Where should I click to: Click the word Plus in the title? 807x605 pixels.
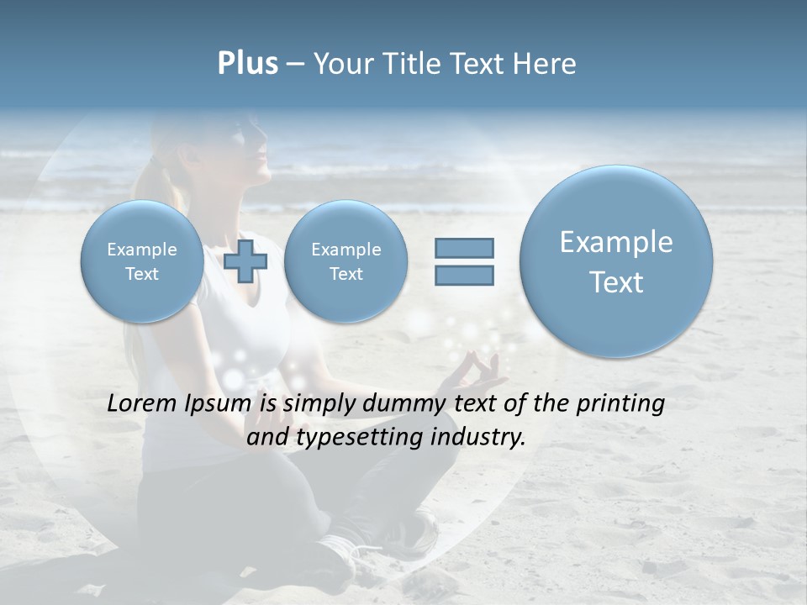pos(247,64)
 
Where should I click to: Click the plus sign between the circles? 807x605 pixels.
pos(245,261)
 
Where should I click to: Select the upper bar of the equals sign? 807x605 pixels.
pos(464,248)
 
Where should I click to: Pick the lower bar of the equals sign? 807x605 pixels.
pos(464,275)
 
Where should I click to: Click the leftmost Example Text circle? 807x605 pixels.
pos(141,261)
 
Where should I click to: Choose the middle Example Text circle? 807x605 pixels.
pos(345,261)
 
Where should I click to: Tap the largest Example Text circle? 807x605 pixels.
pos(616,261)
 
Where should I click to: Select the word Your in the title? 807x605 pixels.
pos(342,64)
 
